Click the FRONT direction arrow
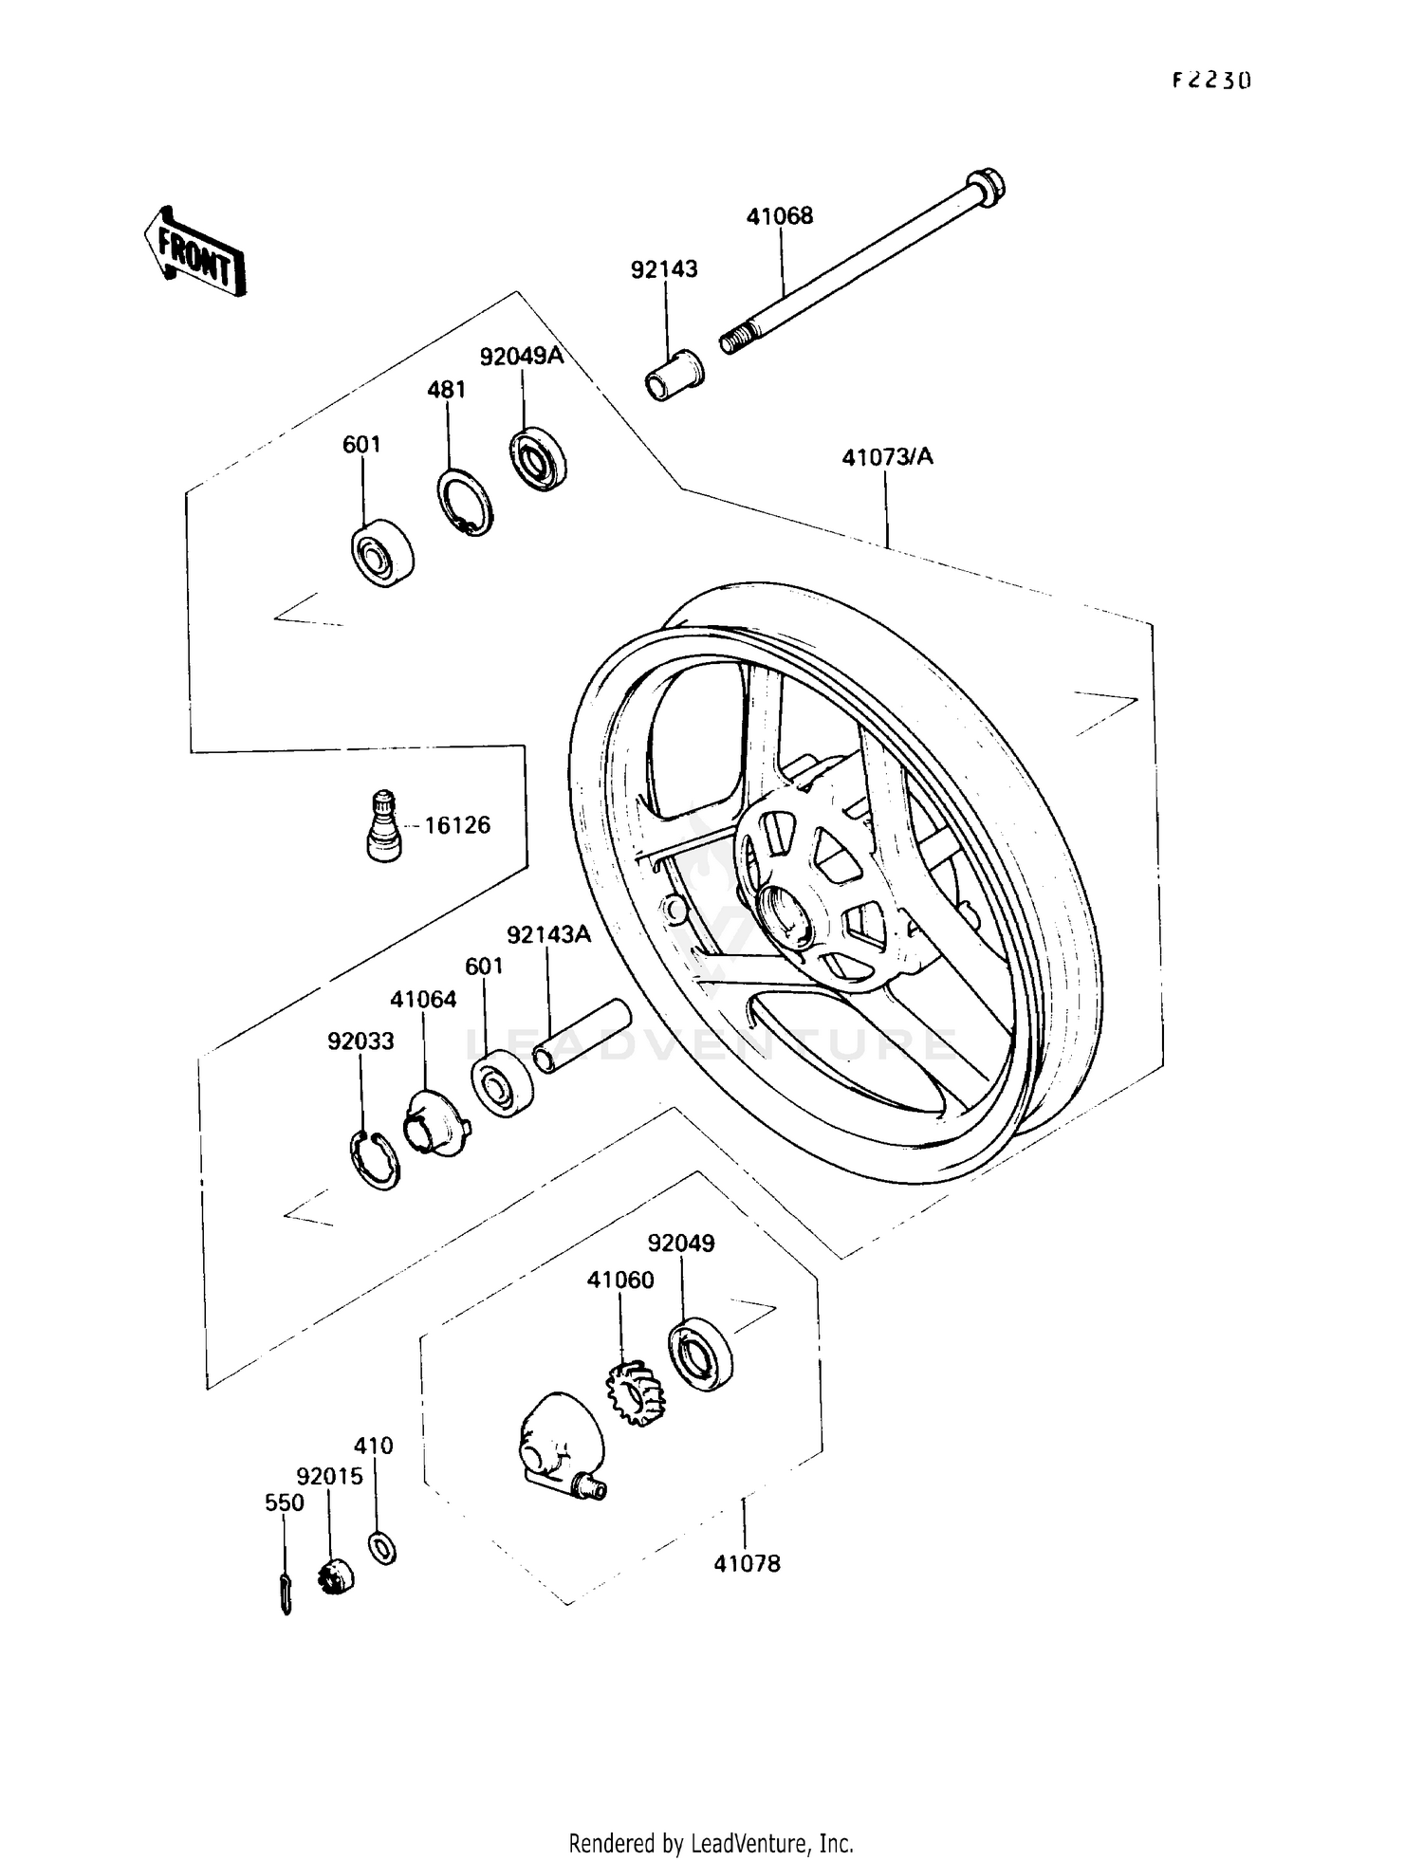pyautogui.click(x=195, y=251)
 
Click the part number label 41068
pyautogui.click(x=779, y=216)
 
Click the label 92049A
pyautogui.click(x=521, y=357)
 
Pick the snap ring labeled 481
pyautogui.click(x=465, y=502)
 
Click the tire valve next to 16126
pyautogui.click(x=383, y=825)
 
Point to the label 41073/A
pyautogui.click(x=887, y=457)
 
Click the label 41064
pyautogui.click(x=423, y=1000)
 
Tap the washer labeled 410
pyautogui.click(x=382, y=1549)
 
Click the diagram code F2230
pyautogui.click(x=1211, y=81)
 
